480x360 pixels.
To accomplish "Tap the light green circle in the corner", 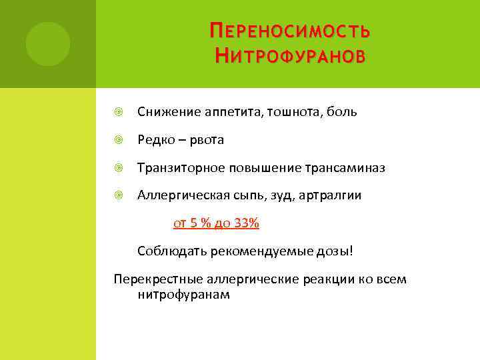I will click(x=47, y=44).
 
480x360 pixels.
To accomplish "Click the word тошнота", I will click(x=291, y=112).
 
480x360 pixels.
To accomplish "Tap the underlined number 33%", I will click(x=247, y=223).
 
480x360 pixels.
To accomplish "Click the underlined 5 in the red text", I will click(x=193, y=223).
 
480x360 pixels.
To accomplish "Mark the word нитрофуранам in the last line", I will click(x=183, y=294).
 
